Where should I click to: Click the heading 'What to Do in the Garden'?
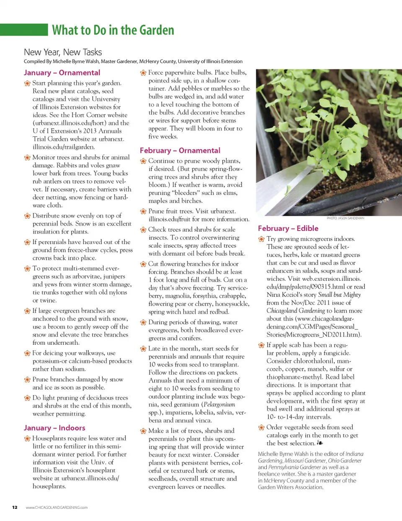[x=113, y=30]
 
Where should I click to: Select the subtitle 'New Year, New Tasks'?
[x=63, y=52]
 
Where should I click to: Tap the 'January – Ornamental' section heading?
[x=62, y=73]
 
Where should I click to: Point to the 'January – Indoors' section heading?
[x=54, y=428]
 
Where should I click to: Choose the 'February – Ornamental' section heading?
[x=180, y=151]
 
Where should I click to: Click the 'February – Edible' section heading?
[x=288, y=228]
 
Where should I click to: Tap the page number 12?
[x=15, y=507]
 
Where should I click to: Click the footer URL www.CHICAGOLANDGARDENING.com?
[x=57, y=508]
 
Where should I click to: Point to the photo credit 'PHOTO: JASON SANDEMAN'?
[x=345, y=218]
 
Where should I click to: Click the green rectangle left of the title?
[x=24, y=30]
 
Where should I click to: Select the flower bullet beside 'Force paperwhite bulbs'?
[x=143, y=73]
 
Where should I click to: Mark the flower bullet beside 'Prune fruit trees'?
[x=143, y=211]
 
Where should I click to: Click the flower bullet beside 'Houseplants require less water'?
[x=27, y=439]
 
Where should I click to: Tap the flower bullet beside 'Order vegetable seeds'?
[x=261, y=427]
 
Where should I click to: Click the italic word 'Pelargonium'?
[x=219, y=405]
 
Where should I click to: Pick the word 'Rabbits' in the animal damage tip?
[x=67, y=165]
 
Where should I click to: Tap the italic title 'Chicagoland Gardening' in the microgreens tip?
[x=296, y=311]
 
